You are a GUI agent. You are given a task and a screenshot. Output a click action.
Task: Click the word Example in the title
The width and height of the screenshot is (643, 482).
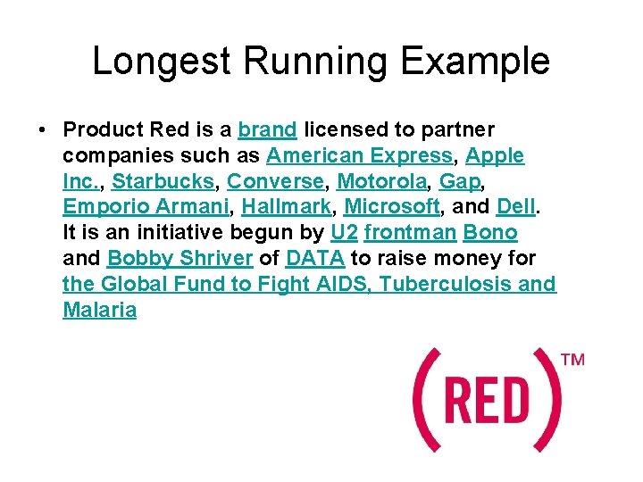click(x=476, y=62)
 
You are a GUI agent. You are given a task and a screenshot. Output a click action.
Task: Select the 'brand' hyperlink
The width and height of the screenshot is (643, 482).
click(x=267, y=129)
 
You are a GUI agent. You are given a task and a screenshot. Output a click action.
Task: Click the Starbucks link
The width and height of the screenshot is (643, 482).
click(x=163, y=181)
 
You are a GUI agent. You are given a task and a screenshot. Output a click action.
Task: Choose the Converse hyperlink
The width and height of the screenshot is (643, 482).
click(x=274, y=181)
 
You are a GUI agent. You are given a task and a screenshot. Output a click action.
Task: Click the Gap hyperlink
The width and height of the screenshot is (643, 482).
click(x=459, y=181)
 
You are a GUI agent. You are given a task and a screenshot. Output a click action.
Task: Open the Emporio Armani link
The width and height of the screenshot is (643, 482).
click(x=146, y=207)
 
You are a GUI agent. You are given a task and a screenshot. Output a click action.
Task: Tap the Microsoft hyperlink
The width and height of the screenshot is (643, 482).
click(x=392, y=207)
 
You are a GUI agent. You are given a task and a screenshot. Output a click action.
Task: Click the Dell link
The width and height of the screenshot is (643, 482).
click(x=515, y=207)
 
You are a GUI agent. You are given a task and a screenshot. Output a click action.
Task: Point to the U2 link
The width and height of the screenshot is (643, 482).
click(x=343, y=233)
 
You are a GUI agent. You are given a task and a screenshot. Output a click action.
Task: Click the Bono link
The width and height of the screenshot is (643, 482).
click(x=490, y=233)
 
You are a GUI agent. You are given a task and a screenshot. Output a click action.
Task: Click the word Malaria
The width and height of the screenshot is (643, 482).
click(x=100, y=311)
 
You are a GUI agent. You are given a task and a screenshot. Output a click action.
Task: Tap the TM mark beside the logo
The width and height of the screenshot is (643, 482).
click(x=572, y=361)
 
